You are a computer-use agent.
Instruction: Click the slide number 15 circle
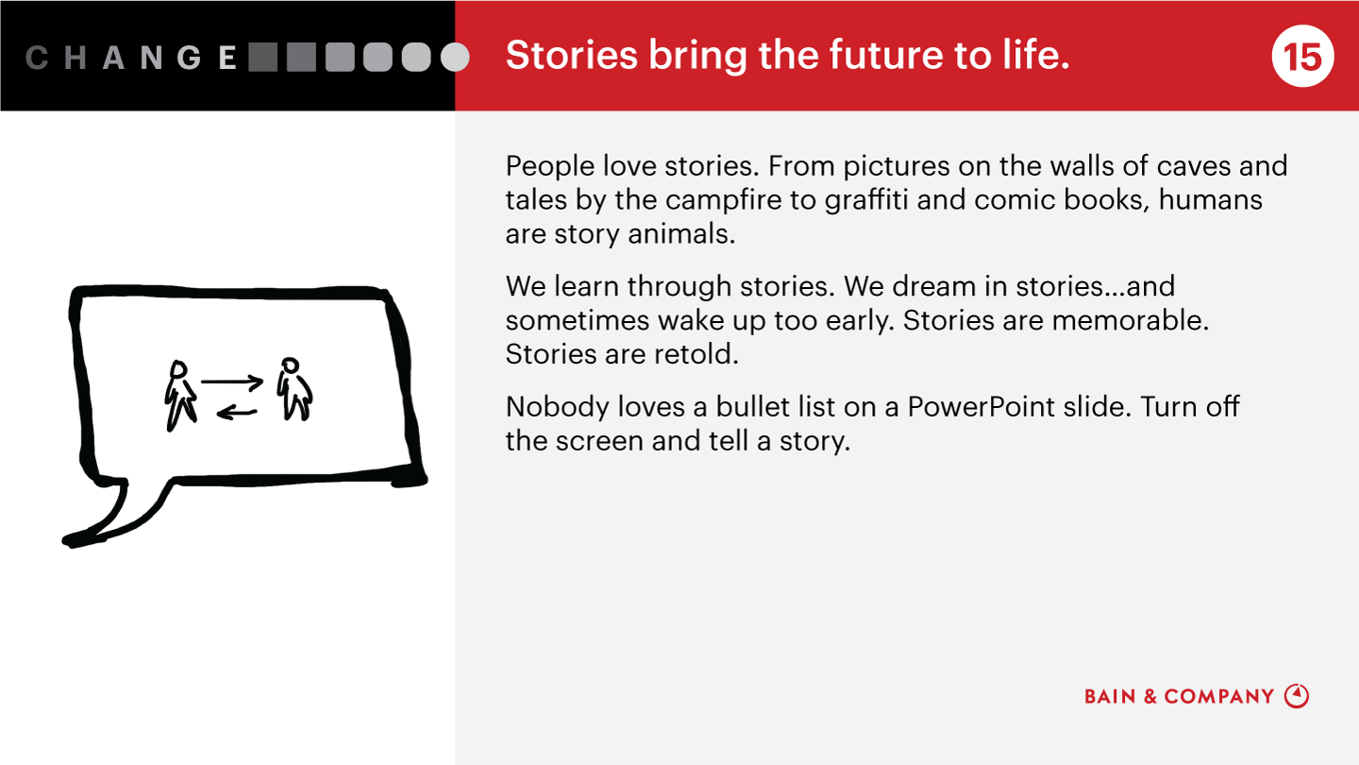[x=1302, y=56]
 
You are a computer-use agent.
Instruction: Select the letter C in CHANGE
[x=37, y=58]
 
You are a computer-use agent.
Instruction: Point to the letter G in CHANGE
[x=189, y=58]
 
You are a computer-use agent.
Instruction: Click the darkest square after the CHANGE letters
[x=262, y=57]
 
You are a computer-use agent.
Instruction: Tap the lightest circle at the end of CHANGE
[x=455, y=57]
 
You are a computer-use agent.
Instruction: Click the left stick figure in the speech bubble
[x=180, y=395]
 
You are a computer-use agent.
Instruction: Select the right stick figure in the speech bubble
[x=294, y=388]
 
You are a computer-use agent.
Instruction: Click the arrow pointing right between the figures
[x=232, y=382]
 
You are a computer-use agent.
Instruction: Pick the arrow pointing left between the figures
[x=237, y=414]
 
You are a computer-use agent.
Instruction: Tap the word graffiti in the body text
[x=866, y=200]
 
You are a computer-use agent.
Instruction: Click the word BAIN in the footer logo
[x=1110, y=696]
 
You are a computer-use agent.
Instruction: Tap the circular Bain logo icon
[x=1297, y=696]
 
